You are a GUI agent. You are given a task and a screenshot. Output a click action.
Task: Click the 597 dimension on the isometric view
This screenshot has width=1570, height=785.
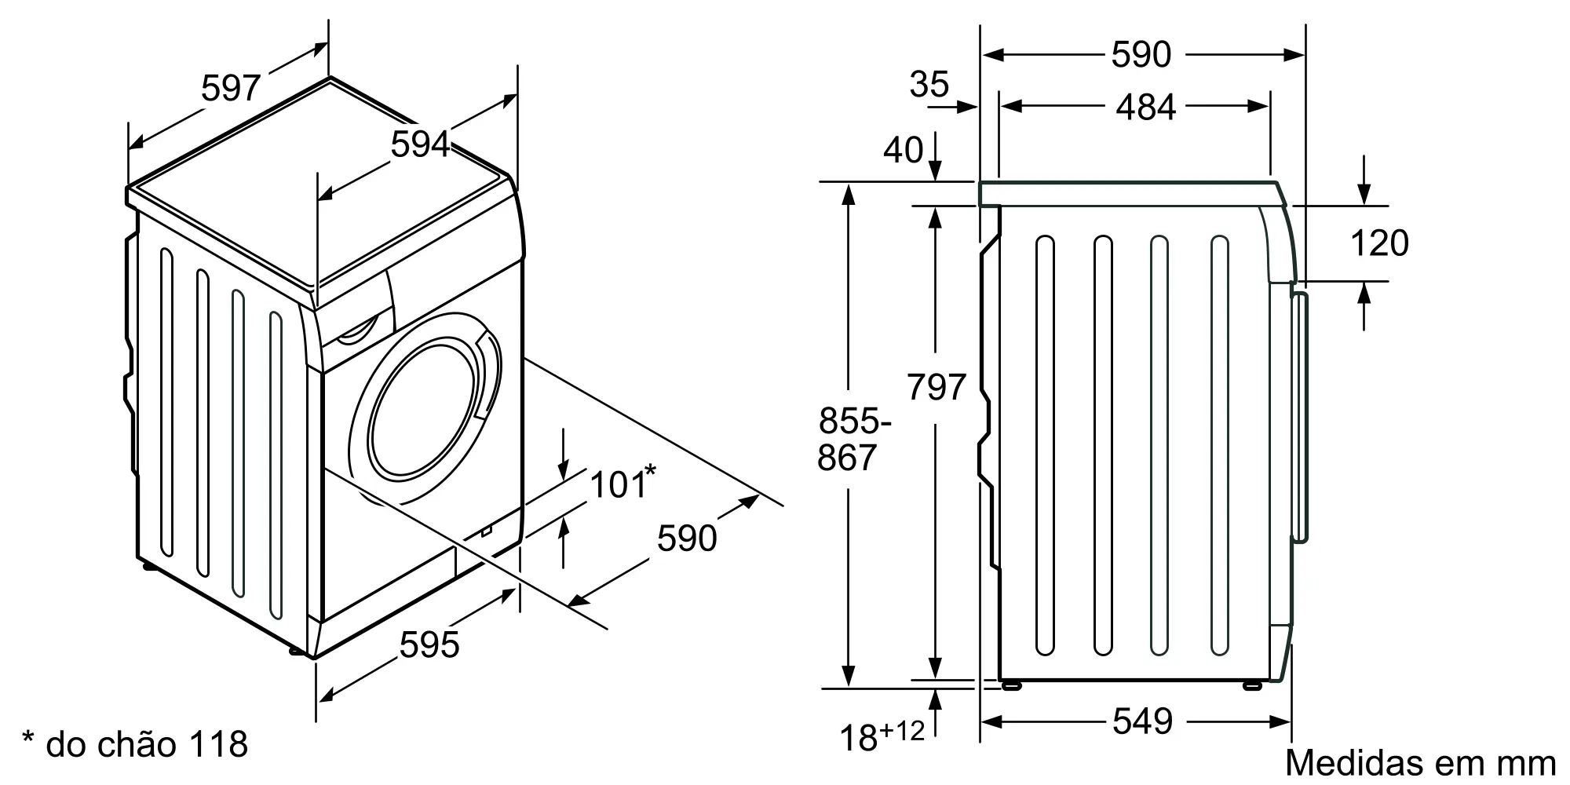pos(230,87)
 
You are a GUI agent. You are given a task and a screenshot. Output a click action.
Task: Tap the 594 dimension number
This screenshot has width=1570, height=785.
pos(421,144)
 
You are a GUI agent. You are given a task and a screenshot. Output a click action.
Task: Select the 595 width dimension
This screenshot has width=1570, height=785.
pos(429,644)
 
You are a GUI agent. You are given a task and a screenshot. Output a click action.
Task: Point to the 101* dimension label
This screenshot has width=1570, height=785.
pos(622,482)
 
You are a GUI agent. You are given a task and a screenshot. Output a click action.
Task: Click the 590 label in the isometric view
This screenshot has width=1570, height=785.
pos(687,538)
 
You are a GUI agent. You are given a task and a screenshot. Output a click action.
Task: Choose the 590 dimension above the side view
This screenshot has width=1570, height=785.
pos(1141,54)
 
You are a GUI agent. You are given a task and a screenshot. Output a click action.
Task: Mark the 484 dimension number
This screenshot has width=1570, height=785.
pos(1146,107)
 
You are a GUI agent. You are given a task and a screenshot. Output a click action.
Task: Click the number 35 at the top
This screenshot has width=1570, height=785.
pos(929,83)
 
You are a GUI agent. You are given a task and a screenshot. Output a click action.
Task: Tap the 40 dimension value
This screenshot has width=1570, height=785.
pos(904,150)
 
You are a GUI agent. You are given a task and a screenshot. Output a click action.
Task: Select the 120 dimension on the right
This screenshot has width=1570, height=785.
pos(1379,243)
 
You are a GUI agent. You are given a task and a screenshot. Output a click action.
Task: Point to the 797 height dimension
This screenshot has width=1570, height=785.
pos(936,387)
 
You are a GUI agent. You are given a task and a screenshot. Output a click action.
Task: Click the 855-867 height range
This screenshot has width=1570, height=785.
pos(853,440)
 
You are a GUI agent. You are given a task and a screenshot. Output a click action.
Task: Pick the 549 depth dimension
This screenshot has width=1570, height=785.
pos(1143,721)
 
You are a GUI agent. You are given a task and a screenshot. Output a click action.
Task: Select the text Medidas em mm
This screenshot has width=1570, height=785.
pos(1421,763)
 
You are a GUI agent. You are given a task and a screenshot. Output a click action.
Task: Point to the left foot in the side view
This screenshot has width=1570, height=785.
pos(1013,685)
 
